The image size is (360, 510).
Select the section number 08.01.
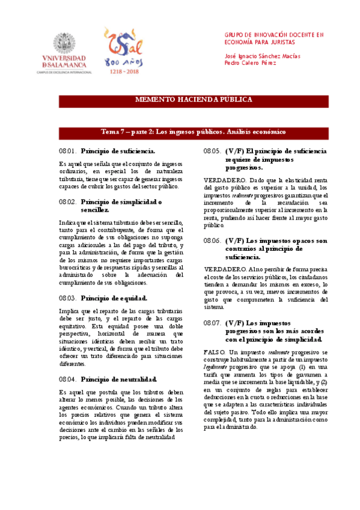tap(67, 150)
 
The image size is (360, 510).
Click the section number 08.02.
tap(67, 201)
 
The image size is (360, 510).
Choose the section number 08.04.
tap(67, 379)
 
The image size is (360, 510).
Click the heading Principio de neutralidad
tap(119, 379)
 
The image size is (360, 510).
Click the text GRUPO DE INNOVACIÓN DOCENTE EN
tap(274, 35)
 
